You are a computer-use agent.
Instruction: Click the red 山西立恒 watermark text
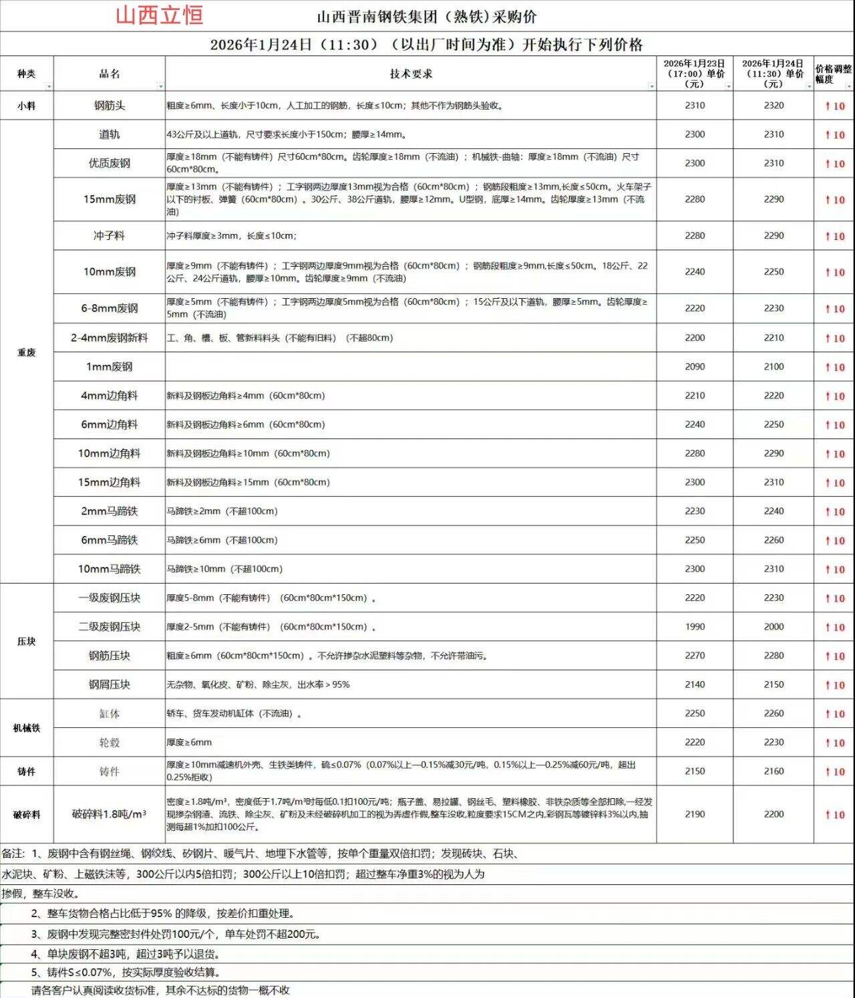(159, 15)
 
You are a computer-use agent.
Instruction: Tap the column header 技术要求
(411, 74)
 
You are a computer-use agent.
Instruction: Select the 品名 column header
(109, 74)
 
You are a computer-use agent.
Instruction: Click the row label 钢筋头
(109, 106)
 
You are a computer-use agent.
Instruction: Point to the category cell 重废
(26, 352)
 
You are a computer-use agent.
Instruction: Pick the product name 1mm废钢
(109, 367)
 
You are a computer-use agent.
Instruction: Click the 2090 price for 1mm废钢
(695, 367)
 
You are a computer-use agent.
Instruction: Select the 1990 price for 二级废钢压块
(695, 627)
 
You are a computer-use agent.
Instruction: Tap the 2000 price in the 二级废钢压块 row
(774, 627)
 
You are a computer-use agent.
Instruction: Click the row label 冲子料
(109, 236)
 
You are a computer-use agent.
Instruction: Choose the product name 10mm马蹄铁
(109, 570)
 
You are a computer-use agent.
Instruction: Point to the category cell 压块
(26, 641)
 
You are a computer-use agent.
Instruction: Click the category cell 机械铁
(26, 728)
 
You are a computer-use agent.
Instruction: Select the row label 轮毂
(109, 743)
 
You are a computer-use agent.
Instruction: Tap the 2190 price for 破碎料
(695, 814)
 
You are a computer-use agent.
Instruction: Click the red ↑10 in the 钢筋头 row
(834, 106)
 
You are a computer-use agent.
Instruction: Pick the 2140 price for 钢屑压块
(695, 684)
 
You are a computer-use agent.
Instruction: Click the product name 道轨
(109, 134)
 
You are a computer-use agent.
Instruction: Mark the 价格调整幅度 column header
(833, 74)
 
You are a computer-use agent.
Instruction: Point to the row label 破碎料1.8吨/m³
(109, 814)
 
